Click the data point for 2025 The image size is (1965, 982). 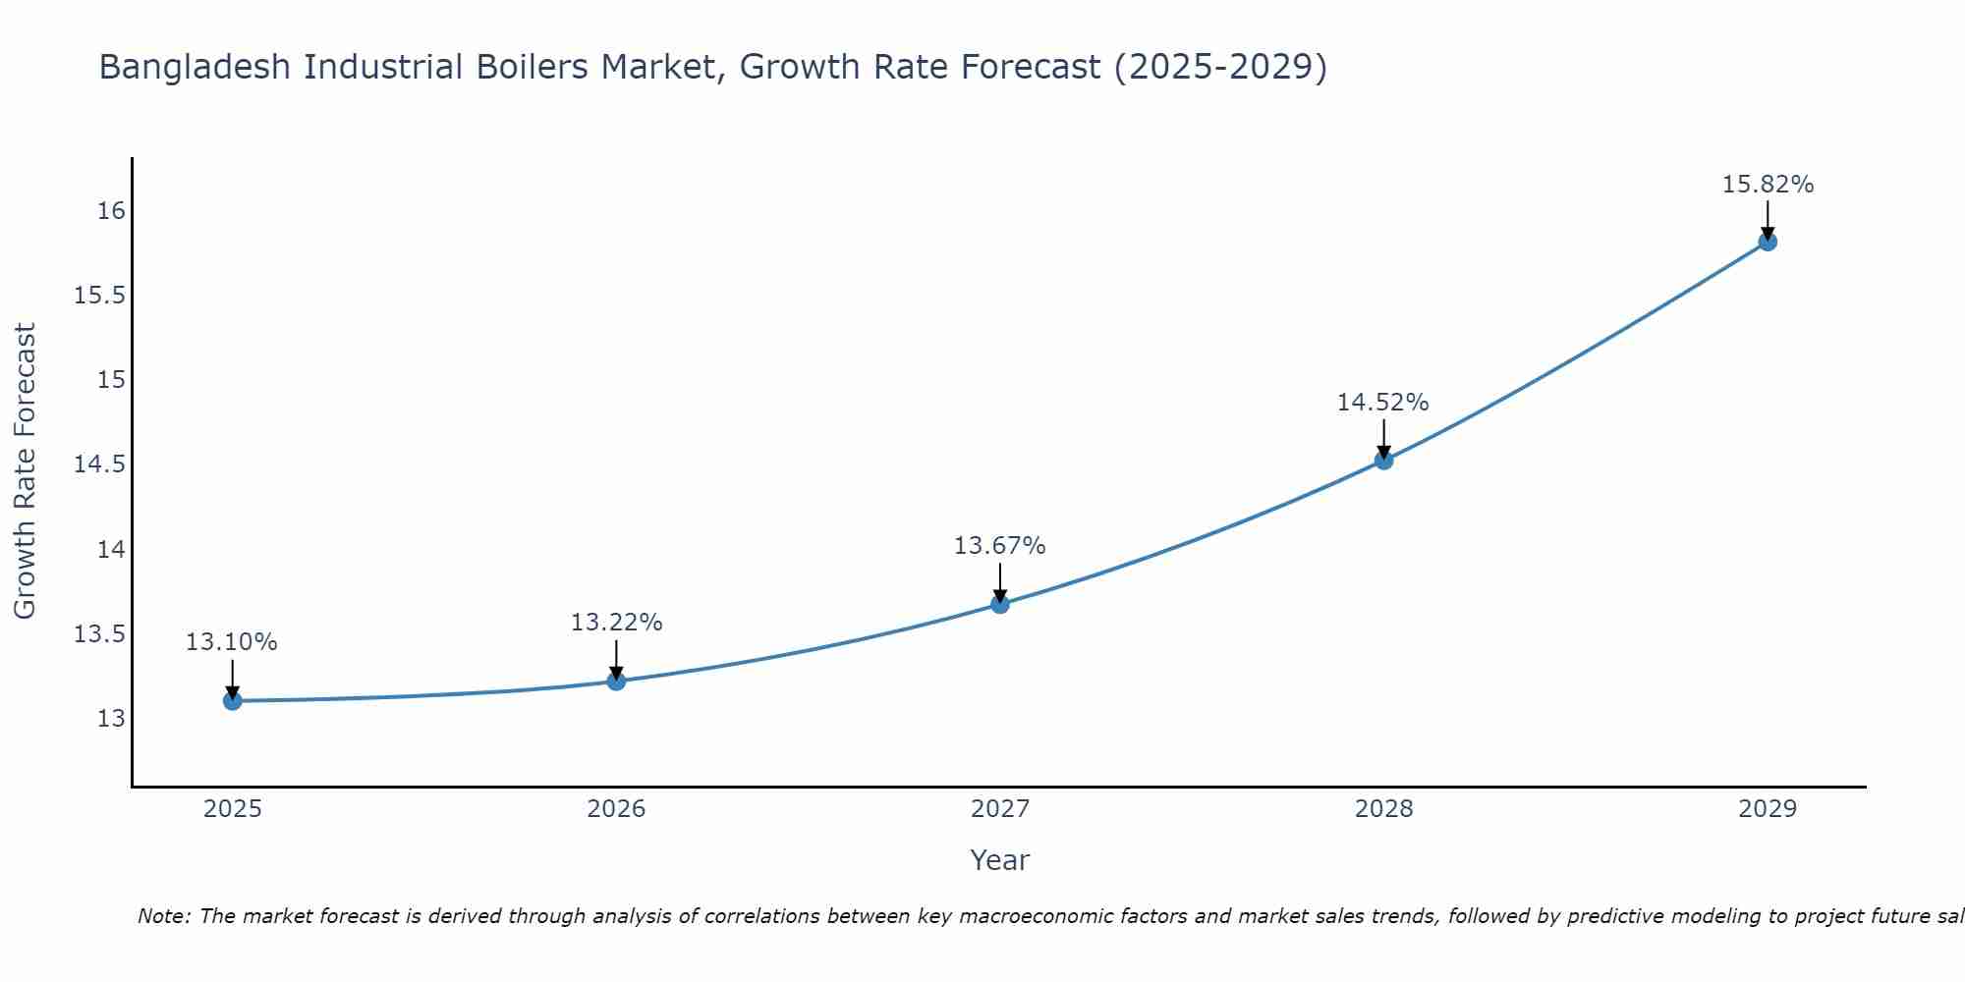point(233,700)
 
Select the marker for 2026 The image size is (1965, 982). point(616,681)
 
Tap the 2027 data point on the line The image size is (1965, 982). point(1000,604)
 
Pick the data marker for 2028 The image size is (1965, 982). point(1383,460)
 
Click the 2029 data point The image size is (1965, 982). point(1768,242)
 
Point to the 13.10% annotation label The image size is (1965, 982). point(232,642)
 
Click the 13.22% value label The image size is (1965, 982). point(616,622)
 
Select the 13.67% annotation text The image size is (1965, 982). point(999,545)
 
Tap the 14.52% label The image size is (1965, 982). point(1382,402)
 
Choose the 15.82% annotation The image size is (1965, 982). point(1768,184)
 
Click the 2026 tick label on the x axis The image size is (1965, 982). point(616,809)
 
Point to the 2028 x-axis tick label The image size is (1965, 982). point(1383,809)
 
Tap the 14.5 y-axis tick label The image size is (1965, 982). point(100,464)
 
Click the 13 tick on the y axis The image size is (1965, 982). point(112,718)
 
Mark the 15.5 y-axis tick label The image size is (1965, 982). point(100,296)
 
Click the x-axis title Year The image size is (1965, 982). point(999,860)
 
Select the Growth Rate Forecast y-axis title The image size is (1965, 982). point(26,470)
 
